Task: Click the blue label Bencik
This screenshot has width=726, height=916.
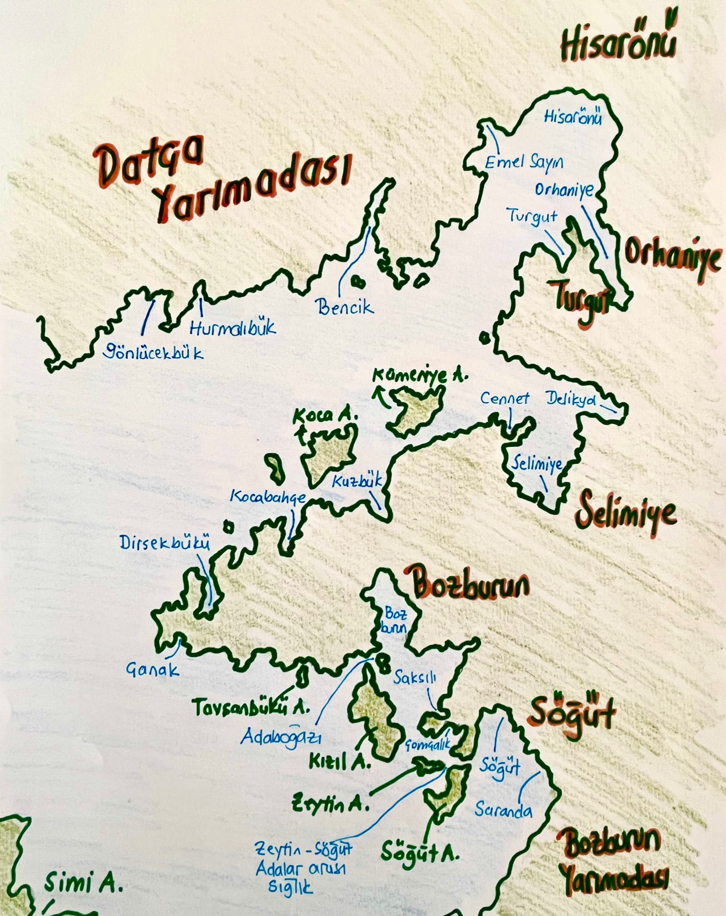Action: click(x=344, y=307)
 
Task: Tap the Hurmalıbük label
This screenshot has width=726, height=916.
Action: click(x=232, y=328)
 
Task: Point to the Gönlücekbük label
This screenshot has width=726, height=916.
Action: click(x=153, y=352)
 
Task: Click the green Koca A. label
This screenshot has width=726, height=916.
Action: click(x=325, y=416)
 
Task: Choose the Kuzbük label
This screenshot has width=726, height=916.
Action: click(x=357, y=481)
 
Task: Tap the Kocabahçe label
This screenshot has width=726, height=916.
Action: click(x=267, y=497)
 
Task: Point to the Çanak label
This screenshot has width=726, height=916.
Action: click(x=152, y=670)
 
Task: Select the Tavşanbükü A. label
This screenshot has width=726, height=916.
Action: click(x=250, y=708)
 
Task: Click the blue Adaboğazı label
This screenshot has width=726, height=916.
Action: click(x=281, y=737)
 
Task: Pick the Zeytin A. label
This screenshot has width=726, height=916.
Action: click(x=330, y=805)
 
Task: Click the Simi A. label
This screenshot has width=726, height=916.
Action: click(x=83, y=883)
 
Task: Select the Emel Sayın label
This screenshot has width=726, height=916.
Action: click(x=524, y=163)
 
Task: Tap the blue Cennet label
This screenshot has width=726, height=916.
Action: click(x=504, y=398)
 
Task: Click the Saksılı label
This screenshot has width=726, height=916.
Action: click(x=415, y=678)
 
